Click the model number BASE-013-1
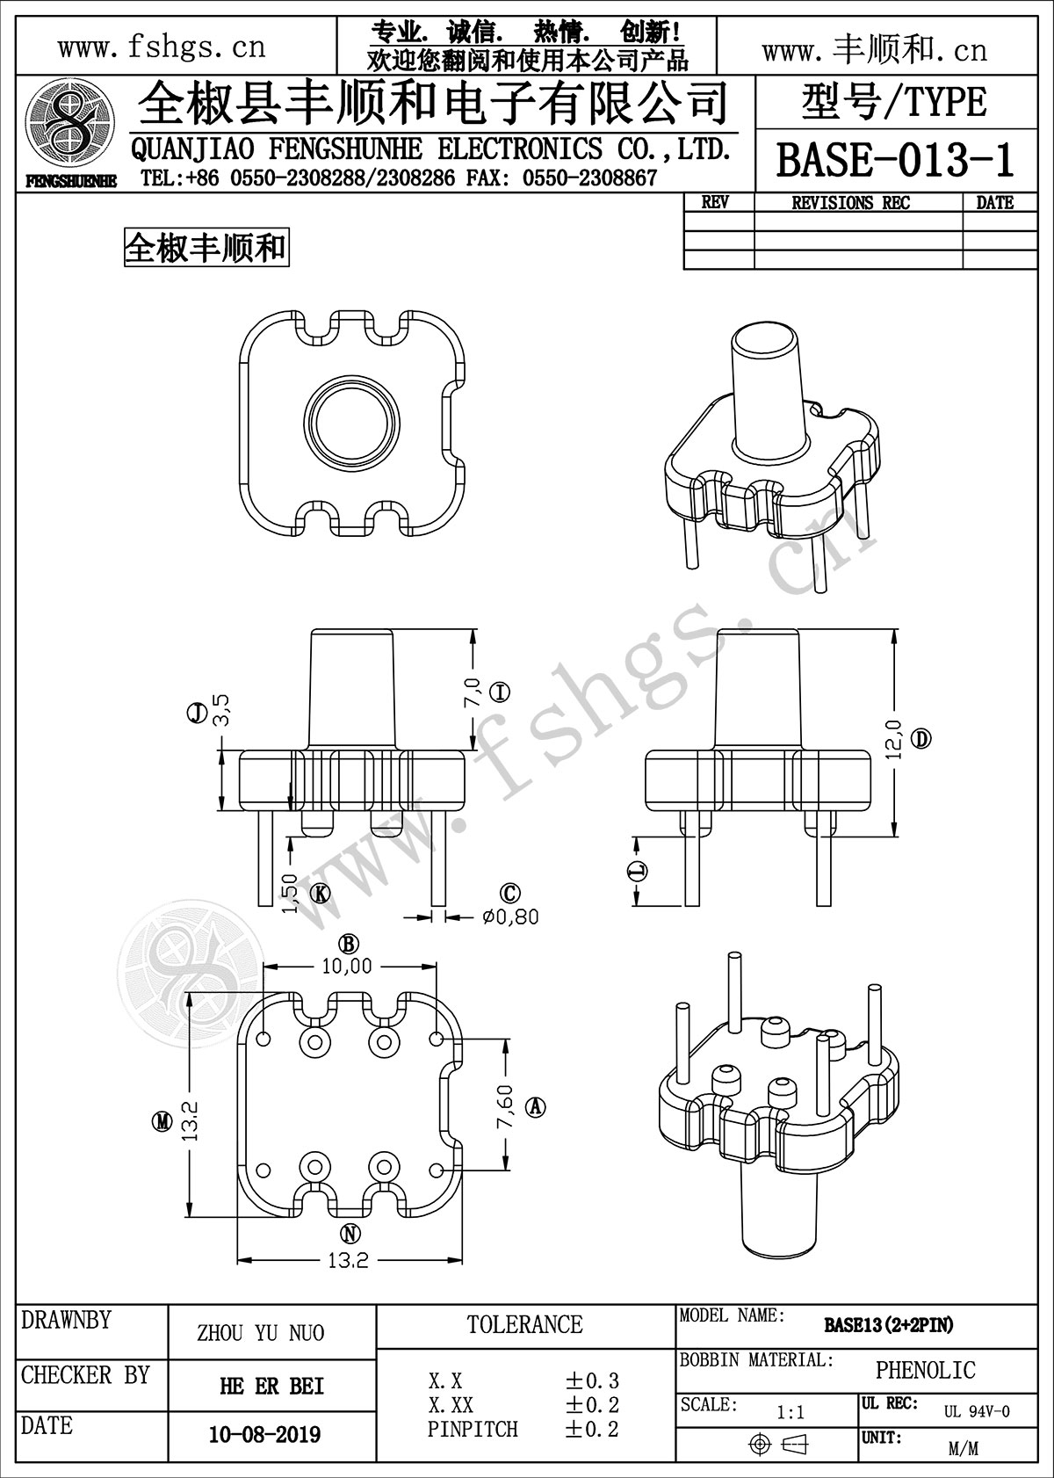point(893,161)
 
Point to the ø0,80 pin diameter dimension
point(510,917)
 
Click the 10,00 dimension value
point(347,967)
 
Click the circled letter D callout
point(920,739)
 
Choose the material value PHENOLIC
point(925,1369)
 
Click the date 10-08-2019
point(264,1435)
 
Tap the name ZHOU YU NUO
point(260,1333)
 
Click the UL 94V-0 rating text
point(977,1411)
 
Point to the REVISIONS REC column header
point(851,203)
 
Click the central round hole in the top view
point(350,418)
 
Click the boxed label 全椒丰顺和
point(206,249)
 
